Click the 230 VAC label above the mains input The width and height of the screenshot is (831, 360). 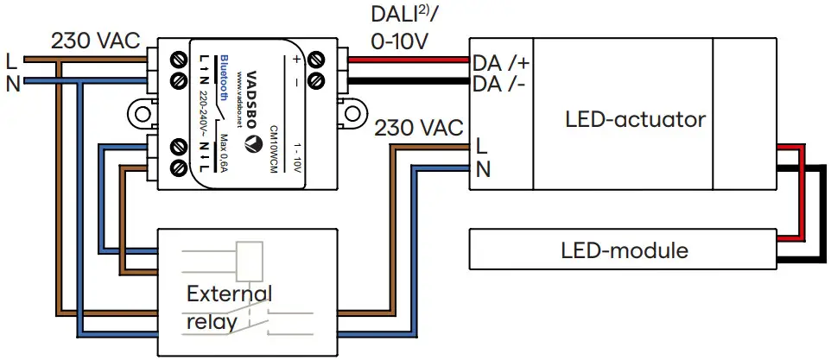94,41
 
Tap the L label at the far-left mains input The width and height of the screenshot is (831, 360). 11,61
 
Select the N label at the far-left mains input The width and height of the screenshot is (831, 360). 12,83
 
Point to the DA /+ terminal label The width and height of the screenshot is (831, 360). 498,62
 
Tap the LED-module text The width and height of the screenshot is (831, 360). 625,251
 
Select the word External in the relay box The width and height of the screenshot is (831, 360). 228,293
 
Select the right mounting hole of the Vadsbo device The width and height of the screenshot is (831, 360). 352,114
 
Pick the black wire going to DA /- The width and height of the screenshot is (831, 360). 406,81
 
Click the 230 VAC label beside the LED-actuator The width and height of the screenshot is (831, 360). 418,127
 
